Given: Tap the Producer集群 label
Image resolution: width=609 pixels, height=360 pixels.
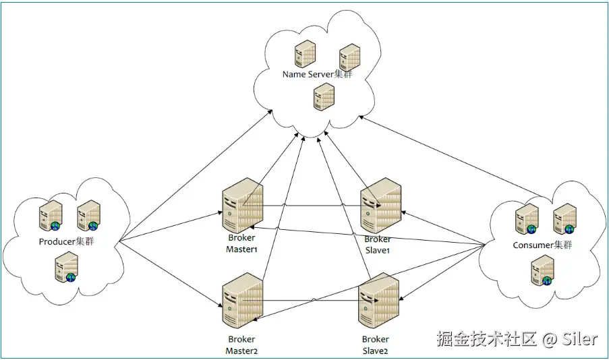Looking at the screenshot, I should (66, 241).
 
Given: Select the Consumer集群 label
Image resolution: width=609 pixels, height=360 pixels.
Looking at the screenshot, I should (542, 245).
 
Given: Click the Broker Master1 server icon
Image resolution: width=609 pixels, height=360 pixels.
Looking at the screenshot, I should (241, 207).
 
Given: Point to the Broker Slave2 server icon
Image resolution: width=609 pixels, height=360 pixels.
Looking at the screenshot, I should (380, 301).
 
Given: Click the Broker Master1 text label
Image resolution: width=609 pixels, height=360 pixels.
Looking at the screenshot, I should (242, 244).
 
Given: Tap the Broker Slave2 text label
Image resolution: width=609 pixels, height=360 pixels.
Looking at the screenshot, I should (375, 344).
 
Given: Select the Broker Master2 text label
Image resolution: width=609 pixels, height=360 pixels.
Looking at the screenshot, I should (242, 344).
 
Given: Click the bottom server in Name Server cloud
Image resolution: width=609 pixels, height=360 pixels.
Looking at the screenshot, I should (324, 97).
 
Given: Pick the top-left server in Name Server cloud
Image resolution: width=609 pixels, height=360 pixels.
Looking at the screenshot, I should (304, 53).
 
